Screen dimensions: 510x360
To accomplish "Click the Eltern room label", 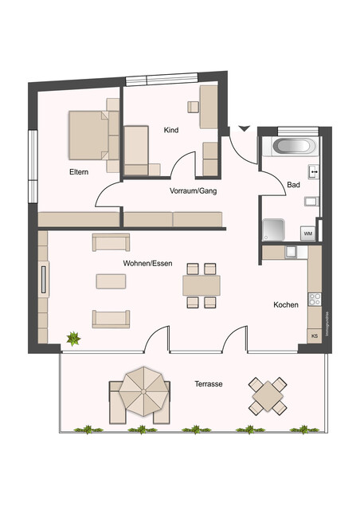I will pyautogui.click(x=78, y=172).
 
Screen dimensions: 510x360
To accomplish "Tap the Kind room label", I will pyautogui.click(x=170, y=130).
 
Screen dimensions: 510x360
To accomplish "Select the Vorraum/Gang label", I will pyautogui.click(x=193, y=191).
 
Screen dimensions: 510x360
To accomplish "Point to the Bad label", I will pyautogui.click(x=292, y=186).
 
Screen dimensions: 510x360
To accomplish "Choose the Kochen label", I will pyautogui.click(x=285, y=304).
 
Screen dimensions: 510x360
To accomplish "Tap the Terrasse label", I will pyautogui.click(x=208, y=384).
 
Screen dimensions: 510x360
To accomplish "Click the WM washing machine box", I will pyautogui.click(x=308, y=233).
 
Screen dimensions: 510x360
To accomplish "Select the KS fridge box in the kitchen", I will pyautogui.click(x=314, y=336).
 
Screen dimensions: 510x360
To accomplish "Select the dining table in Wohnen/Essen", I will pyautogui.click(x=201, y=284).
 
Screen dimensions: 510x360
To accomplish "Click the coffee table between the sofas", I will pyautogui.click(x=111, y=280).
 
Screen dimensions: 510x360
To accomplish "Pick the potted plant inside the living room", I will pyautogui.click(x=73, y=339).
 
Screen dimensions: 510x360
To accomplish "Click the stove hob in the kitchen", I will pyautogui.click(x=315, y=300).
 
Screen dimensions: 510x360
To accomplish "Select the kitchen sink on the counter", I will pyautogui.click(x=292, y=251).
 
